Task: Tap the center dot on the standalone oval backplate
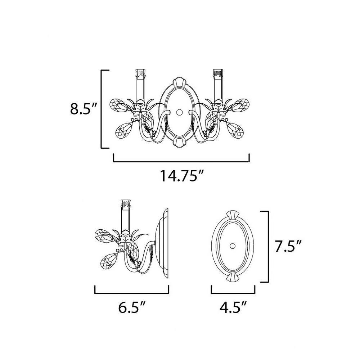(233, 246)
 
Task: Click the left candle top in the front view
(140, 73)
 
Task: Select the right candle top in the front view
(218, 73)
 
